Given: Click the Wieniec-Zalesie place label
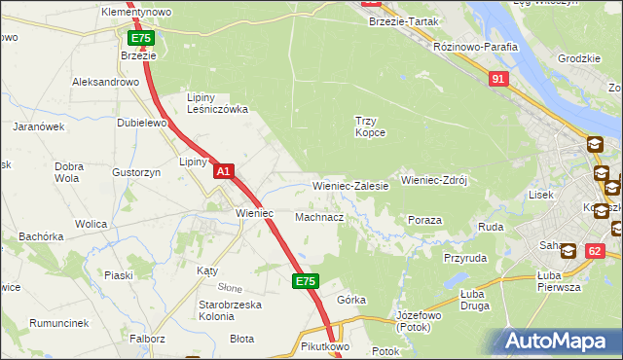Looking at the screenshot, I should click(350, 185).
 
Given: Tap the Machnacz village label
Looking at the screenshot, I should click(319, 217).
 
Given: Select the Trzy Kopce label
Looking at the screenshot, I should click(370, 126).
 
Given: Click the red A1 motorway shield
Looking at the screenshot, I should click(223, 171).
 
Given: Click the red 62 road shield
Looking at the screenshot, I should click(595, 251).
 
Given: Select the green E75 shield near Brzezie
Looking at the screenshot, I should click(141, 38).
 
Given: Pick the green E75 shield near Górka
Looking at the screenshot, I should click(306, 281).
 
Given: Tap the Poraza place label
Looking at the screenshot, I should click(424, 221).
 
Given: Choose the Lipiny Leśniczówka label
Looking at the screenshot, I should click(219, 103).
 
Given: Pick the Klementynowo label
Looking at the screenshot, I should click(136, 12).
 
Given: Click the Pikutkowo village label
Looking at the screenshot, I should click(325, 345).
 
